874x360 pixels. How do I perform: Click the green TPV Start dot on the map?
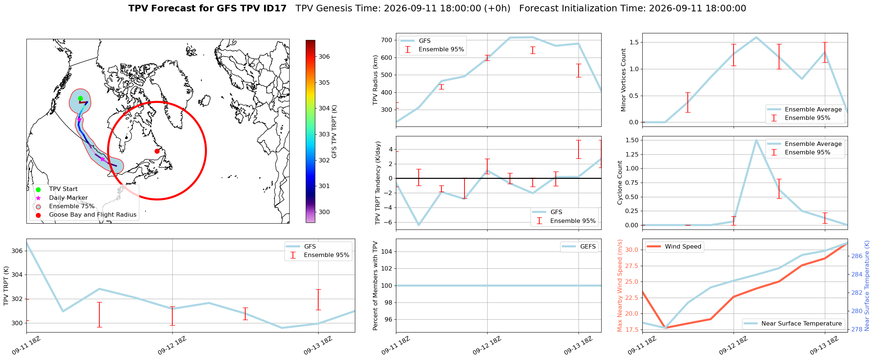tap(80, 98)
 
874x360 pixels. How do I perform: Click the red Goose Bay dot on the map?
tap(157, 151)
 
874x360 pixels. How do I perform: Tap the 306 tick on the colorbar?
tap(324, 56)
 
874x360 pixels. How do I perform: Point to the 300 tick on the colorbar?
tap(324, 212)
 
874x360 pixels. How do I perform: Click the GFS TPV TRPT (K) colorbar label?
tap(334, 132)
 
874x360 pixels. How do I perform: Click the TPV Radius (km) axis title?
tap(375, 80)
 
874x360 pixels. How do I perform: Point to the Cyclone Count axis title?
tap(620, 183)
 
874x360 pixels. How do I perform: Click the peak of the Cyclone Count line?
tap(756, 140)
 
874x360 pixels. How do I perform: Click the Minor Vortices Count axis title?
tap(624, 80)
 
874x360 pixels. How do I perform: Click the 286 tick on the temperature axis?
tap(857, 256)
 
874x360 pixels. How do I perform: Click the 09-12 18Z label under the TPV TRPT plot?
tap(172, 345)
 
